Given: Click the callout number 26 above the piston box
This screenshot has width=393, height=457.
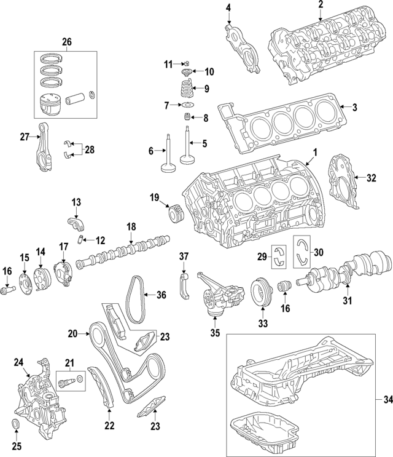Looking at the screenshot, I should pos(66,42).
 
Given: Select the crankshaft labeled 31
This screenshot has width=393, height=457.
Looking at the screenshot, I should pos(349,271).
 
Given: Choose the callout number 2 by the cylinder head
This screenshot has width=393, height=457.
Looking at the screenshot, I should pos(321,6).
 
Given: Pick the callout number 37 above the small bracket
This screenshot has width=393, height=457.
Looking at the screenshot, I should pos(183,255).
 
